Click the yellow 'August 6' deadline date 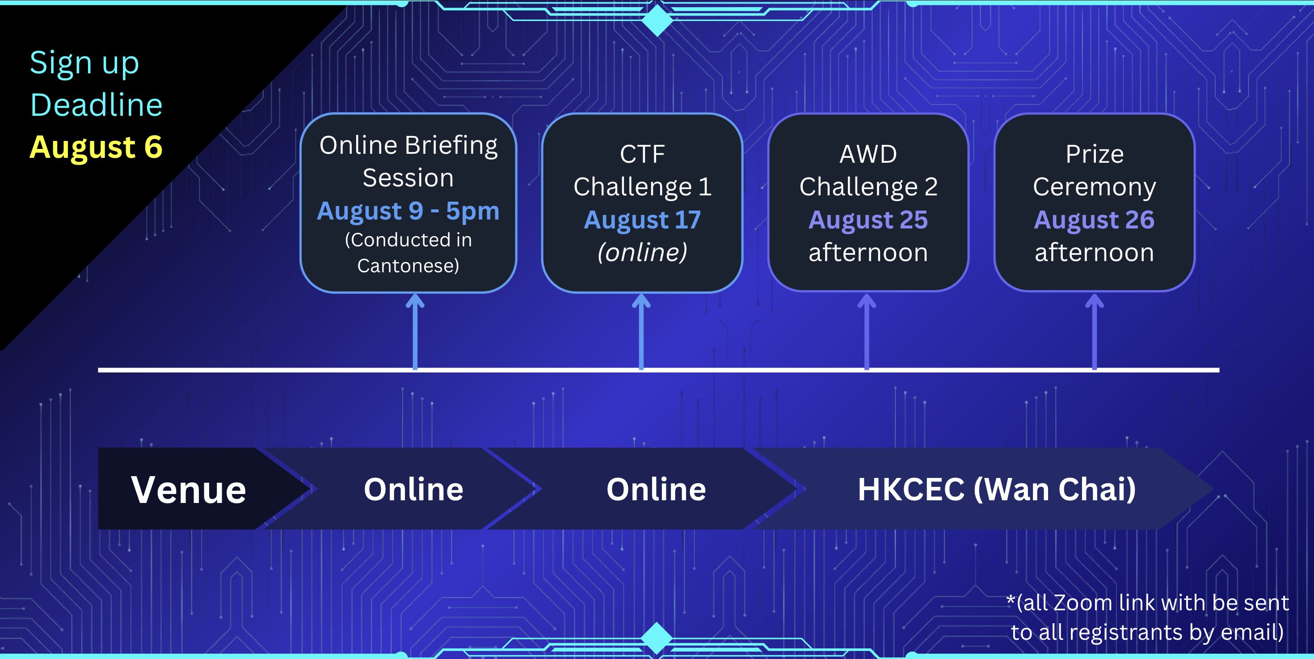tap(96, 148)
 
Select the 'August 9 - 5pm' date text tap(408, 211)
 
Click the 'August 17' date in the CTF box tap(642, 220)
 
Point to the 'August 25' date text tap(868, 220)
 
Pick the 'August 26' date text tap(1094, 220)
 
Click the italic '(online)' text tap(642, 253)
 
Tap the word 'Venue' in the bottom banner tap(189, 490)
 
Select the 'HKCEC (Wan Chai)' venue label tap(997, 490)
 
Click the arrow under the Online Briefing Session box tap(415, 332)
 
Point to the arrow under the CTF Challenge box tap(641, 332)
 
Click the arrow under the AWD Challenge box tap(867, 332)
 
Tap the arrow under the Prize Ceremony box tap(1094, 332)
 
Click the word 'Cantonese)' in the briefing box tap(408, 266)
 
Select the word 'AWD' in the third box tap(868, 154)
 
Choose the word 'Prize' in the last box tap(1095, 154)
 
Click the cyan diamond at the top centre tap(657, 19)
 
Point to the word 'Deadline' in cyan tap(97, 106)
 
